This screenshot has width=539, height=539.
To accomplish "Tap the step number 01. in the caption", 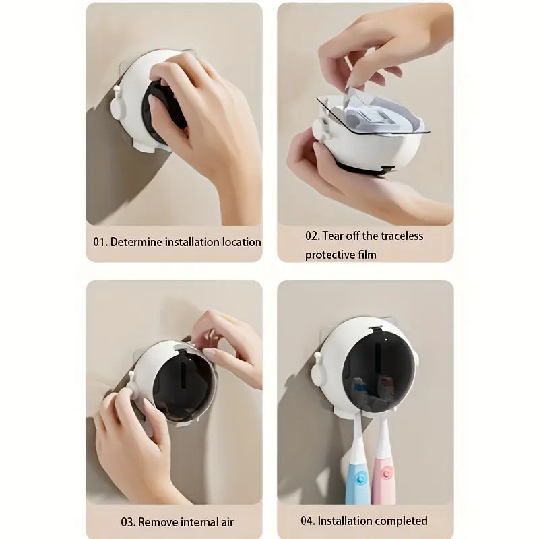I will coord(100,241).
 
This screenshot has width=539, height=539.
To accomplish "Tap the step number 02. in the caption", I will coord(313,236).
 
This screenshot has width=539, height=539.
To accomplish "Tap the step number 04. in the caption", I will coord(308,521).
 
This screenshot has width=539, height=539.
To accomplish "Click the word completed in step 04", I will coord(403,521).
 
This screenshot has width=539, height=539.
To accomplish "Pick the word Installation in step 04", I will coord(347,521).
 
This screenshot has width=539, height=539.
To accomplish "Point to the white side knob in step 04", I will coord(317,361).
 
